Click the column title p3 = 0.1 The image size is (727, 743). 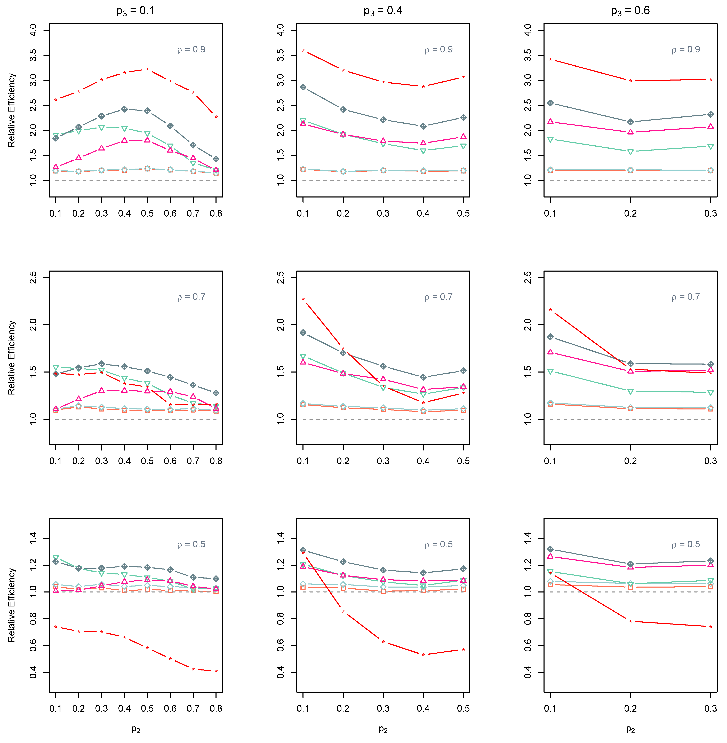pos(135,11)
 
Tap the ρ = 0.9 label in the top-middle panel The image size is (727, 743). pos(438,50)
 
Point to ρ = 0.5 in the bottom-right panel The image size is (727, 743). pos(686,544)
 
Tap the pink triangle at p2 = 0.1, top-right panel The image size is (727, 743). pos(550,121)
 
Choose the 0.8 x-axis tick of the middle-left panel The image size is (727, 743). pos(216,461)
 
